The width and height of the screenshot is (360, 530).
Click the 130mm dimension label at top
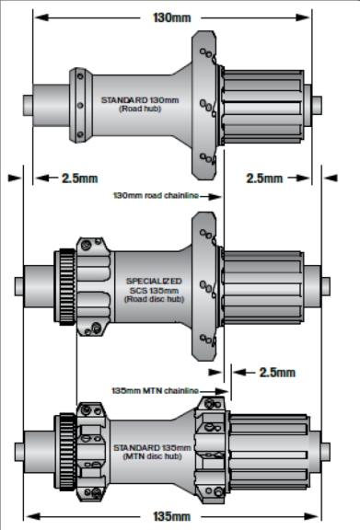pyautogui.click(x=172, y=17)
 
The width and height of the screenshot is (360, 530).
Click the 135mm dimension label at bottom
pyautogui.click(x=172, y=516)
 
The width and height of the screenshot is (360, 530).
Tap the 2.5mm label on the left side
pyautogui.click(x=80, y=179)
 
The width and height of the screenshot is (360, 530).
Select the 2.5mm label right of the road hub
pyautogui.click(x=264, y=179)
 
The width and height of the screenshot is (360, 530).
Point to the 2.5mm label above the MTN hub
pyautogui.click(x=277, y=373)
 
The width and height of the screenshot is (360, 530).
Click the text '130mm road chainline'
pyautogui.click(x=156, y=196)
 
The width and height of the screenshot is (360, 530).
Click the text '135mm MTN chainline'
pyautogui.click(x=155, y=391)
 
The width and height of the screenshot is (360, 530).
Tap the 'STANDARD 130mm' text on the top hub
pyautogui.click(x=140, y=100)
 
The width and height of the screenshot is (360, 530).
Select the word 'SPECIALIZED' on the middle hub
pyautogui.click(x=154, y=282)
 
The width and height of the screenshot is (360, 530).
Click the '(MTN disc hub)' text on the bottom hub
pyautogui.click(x=152, y=456)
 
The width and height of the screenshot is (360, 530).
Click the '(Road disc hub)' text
pyautogui.click(x=154, y=299)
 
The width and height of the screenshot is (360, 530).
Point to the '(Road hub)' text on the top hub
pyautogui.click(x=140, y=109)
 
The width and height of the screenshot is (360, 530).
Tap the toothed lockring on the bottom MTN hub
pyautogui.click(x=67, y=452)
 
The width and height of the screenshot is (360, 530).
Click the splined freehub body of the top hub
pyautogui.click(x=262, y=107)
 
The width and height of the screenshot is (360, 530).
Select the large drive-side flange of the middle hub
pyautogui.click(x=204, y=287)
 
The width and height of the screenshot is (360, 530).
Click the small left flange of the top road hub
pyautogui.click(x=80, y=105)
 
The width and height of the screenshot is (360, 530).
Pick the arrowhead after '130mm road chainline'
pyautogui.click(x=215, y=196)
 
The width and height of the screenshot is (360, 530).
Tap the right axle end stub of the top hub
pyautogui.click(x=317, y=105)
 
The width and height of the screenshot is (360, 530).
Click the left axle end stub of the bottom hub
pyautogui.click(x=19, y=452)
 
